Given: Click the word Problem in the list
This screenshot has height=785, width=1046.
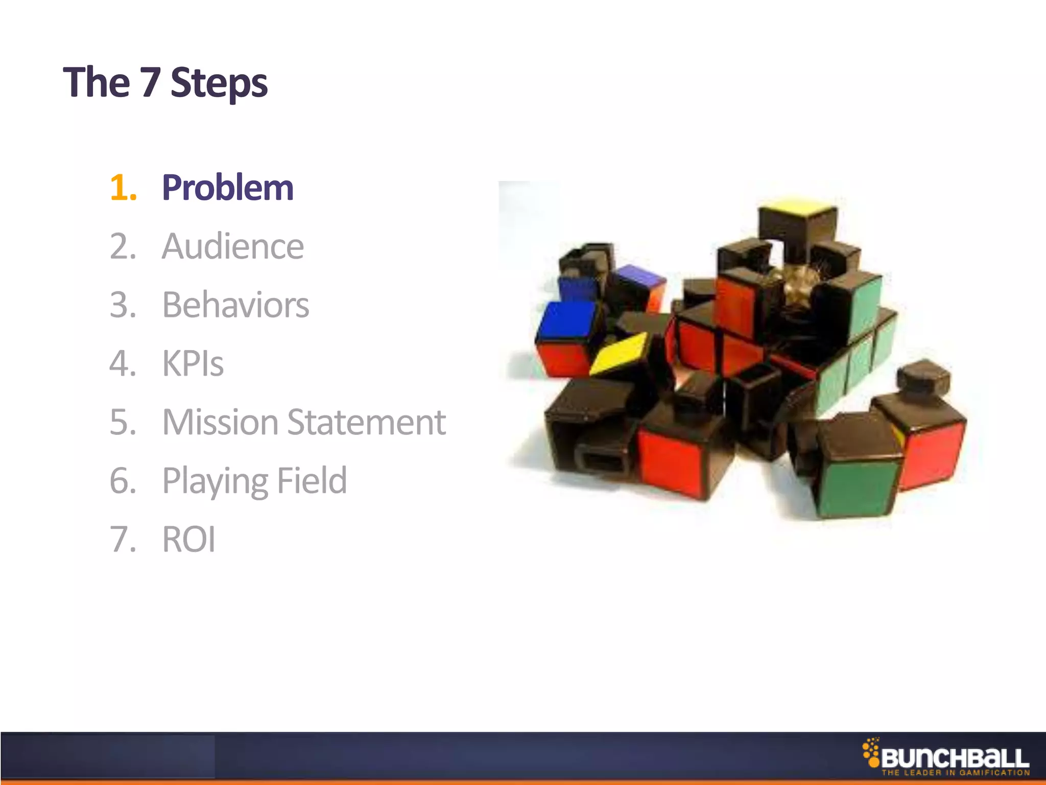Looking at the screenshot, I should point(228,188).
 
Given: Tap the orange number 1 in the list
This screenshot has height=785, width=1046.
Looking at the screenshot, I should point(123,188).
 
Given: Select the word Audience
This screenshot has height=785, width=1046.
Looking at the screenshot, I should point(233,246).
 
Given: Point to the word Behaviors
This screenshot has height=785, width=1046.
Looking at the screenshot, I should point(235,305).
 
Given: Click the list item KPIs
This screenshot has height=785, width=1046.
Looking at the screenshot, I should point(193,364).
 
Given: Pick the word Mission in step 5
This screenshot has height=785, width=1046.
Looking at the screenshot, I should point(220,423).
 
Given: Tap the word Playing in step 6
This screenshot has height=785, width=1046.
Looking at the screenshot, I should point(215,481).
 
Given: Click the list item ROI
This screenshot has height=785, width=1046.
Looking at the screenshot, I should point(188,540).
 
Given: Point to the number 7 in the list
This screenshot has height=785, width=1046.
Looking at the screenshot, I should point(123,540).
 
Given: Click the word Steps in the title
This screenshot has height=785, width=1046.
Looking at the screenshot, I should point(219,83).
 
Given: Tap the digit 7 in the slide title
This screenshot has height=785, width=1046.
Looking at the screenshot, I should point(151,82).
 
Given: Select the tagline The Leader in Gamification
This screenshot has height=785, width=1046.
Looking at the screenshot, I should point(955,773).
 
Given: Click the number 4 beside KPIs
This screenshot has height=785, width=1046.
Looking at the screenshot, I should point(123,364).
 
